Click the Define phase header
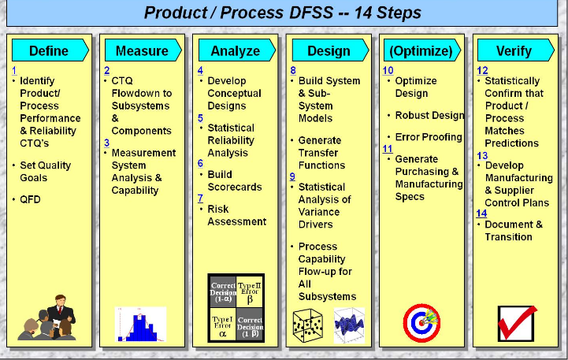pos(48,50)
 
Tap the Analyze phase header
pos(235,50)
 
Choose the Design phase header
pos(328,50)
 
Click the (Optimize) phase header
pos(421,50)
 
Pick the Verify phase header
pos(514,50)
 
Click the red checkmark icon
pos(517,322)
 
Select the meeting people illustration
pos(49,319)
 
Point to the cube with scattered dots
pos(308,324)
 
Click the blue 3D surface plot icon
pos(349,324)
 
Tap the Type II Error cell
pos(251,293)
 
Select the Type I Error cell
pos(221,325)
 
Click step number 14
pos(482,213)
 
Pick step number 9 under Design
pos(292,176)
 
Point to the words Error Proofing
pos(429,137)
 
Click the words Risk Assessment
pos(236,215)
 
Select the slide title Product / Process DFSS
pos(284,13)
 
